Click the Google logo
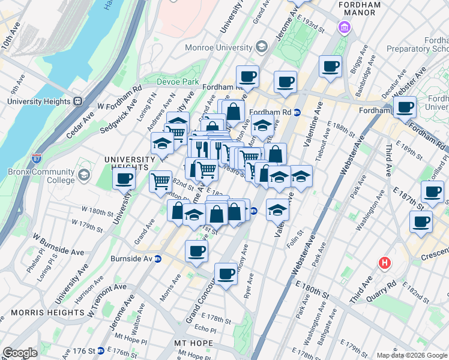pyautogui.click(x=20, y=353)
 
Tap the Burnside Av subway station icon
pyautogui.click(x=158, y=259)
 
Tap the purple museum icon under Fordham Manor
pyautogui.click(x=344, y=27)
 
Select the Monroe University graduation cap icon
pyautogui.click(x=261, y=46)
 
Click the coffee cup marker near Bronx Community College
pyautogui.click(x=124, y=178)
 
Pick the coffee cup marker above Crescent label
pyautogui.click(x=420, y=221)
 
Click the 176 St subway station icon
pyautogui.click(x=101, y=351)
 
